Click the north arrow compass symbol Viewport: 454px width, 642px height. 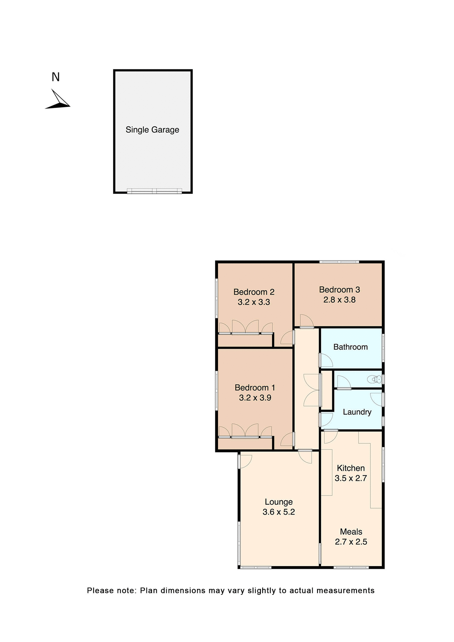58,100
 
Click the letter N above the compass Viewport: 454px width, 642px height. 55,77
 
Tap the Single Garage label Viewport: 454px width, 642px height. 152,130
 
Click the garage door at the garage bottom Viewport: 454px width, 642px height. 154,191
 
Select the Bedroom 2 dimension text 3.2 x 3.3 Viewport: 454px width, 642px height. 254,302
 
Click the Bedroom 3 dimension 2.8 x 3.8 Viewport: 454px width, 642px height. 339,300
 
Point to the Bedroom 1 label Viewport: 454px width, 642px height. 255,388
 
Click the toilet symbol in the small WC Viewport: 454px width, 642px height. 375,379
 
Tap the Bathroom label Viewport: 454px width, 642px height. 350,347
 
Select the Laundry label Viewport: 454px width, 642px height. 357,412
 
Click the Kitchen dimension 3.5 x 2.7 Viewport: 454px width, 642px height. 351,478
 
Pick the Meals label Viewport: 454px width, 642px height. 351,532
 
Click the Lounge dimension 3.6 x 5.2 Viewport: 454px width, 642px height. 278,512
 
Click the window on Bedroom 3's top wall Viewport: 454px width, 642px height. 339,262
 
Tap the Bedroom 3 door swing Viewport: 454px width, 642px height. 306,321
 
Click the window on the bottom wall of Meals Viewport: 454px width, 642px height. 351,567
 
